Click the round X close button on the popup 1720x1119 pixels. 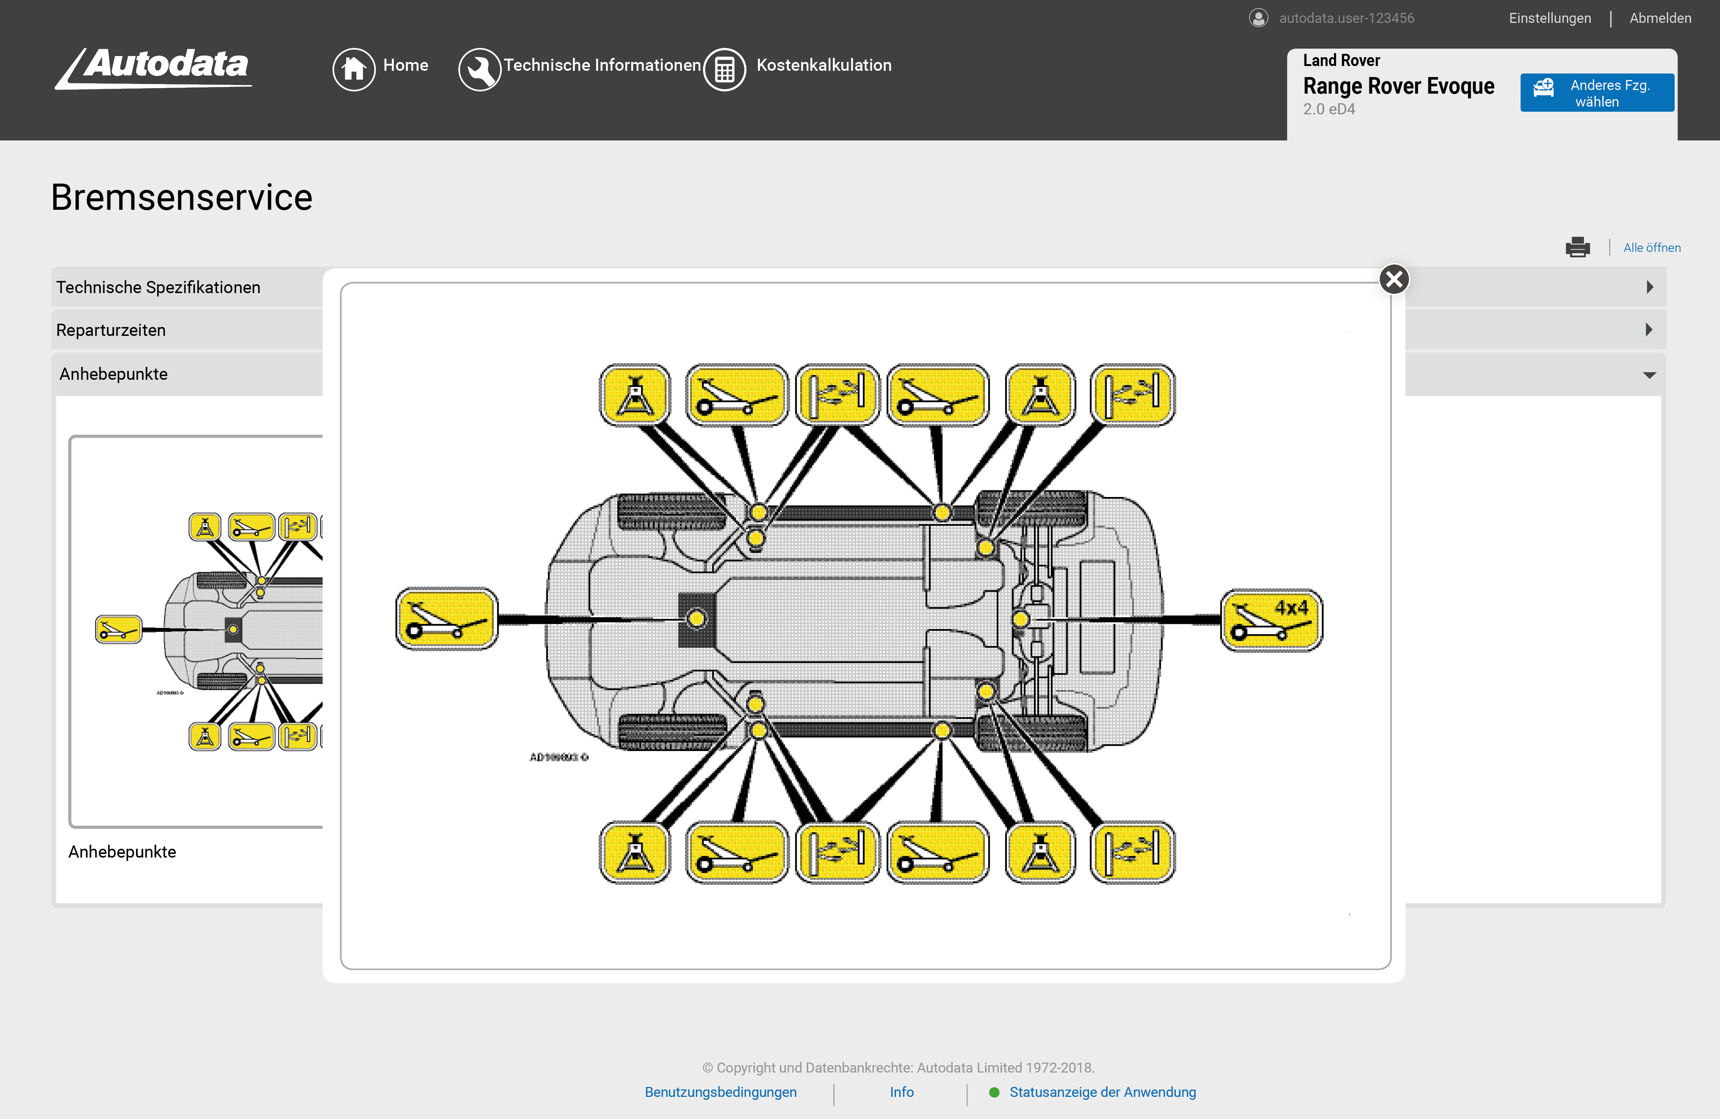(x=1394, y=279)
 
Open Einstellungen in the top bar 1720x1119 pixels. (x=1549, y=18)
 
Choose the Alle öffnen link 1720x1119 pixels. (x=1651, y=247)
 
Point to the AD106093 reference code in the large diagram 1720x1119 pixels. (x=559, y=757)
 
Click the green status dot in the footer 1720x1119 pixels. (x=994, y=1092)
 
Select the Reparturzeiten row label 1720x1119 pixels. (x=111, y=330)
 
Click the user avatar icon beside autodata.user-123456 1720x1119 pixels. (x=1258, y=18)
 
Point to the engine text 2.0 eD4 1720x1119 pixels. (x=1328, y=109)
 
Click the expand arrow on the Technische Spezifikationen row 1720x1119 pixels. (x=1649, y=287)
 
